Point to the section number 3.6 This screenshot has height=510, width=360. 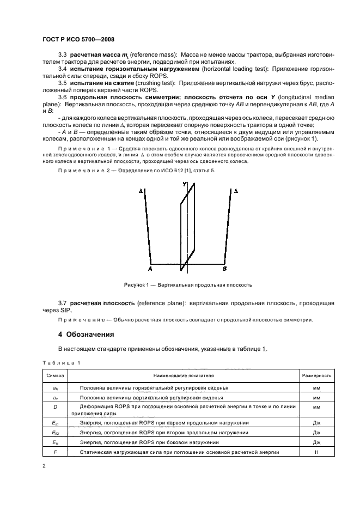click(63, 96)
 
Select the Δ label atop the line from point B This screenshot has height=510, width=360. click(235, 191)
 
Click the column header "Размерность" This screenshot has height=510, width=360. click(316, 375)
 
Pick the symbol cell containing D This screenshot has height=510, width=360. click(56, 406)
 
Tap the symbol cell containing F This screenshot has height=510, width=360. click(56, 452)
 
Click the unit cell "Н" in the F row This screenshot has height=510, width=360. click(316, 452)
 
